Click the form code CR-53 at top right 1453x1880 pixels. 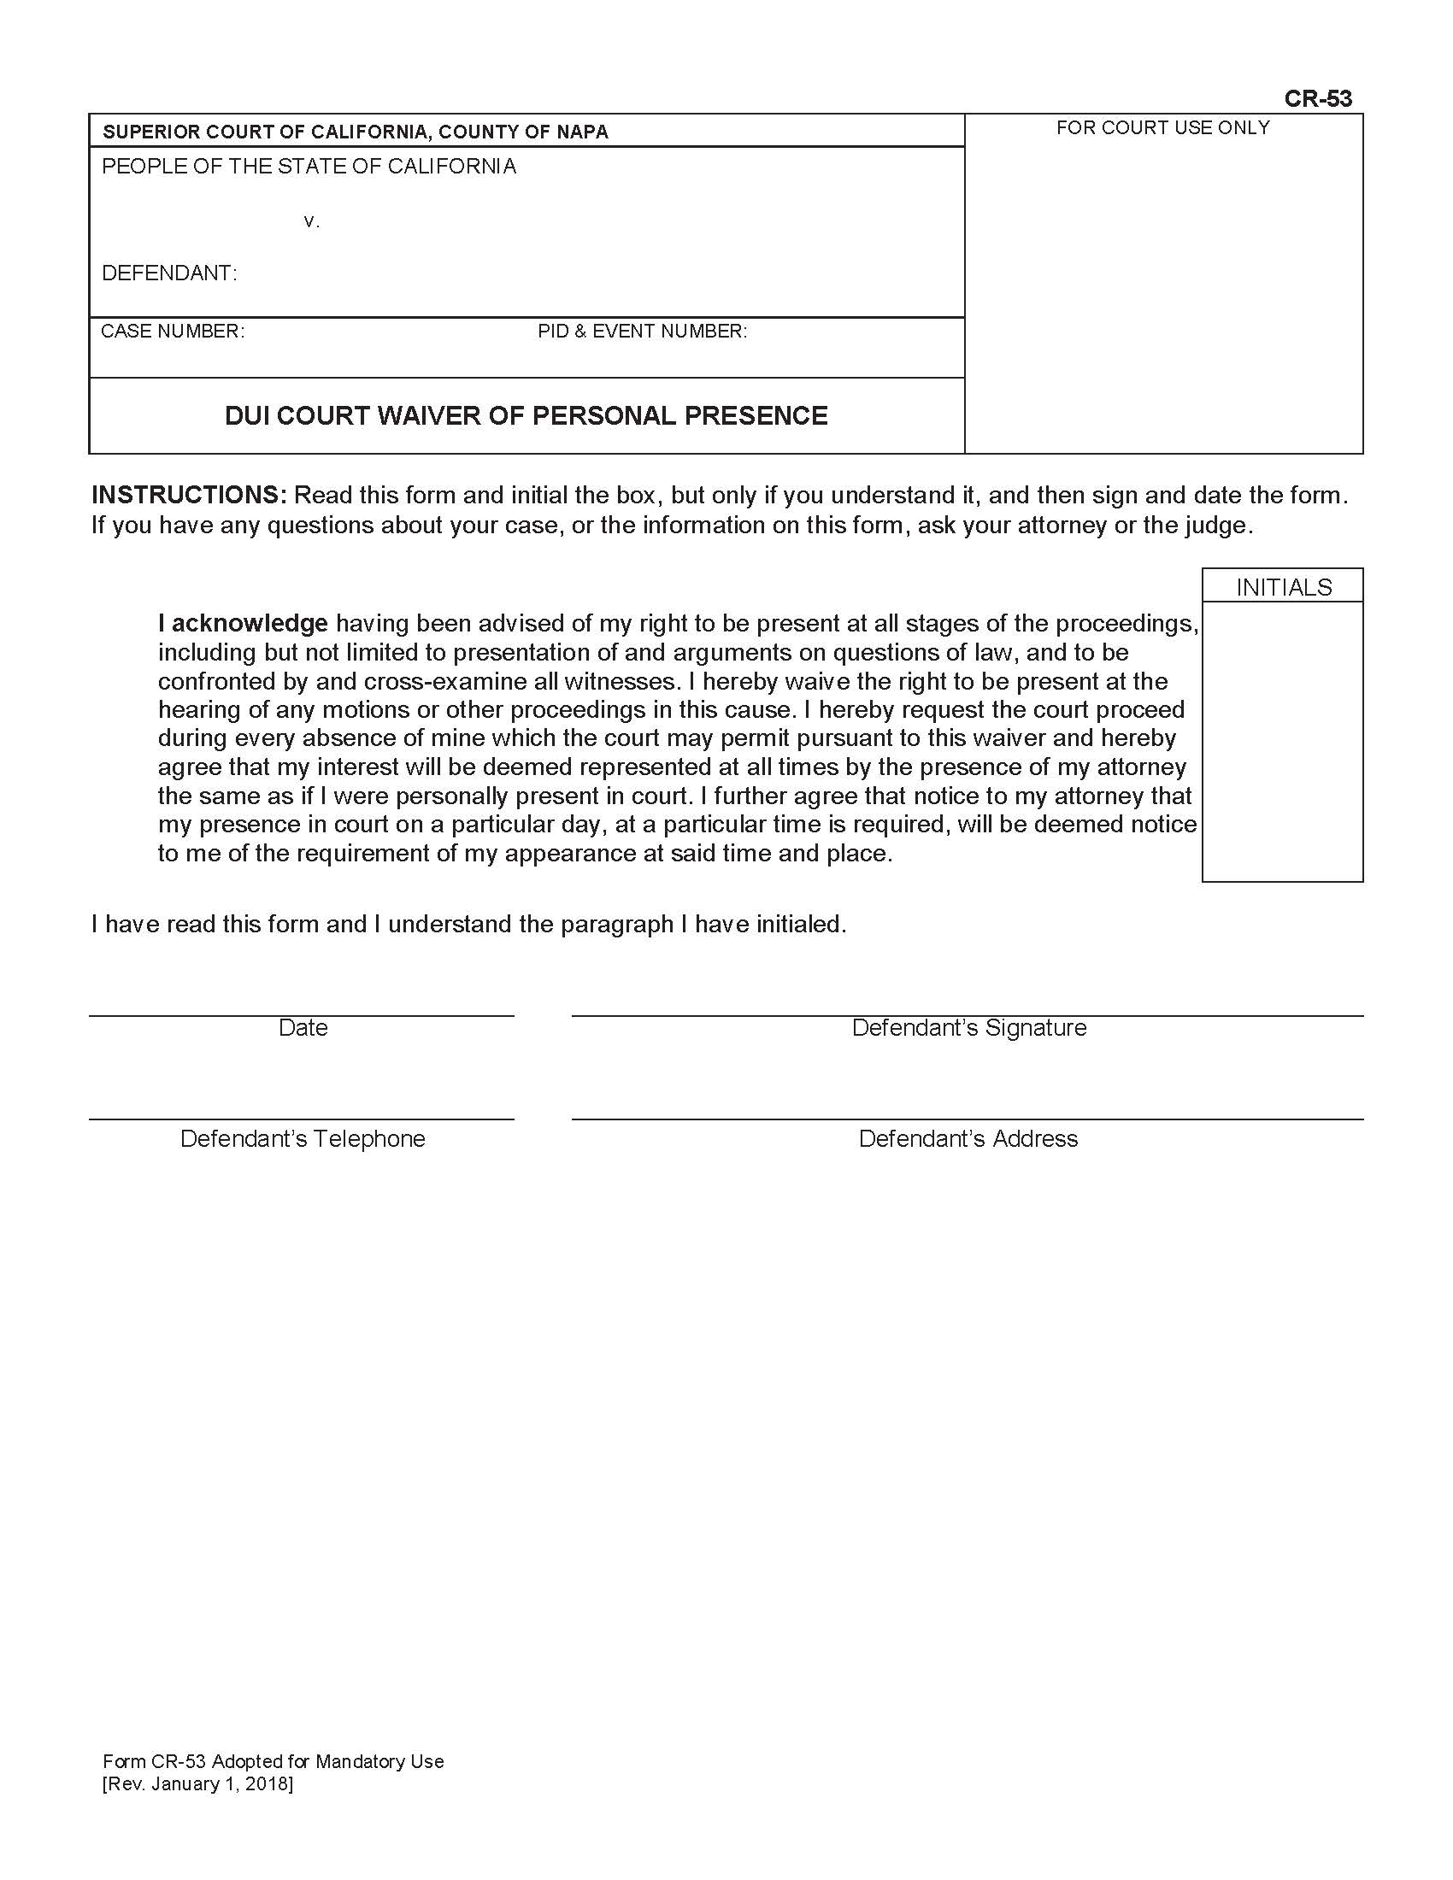[1317, 98]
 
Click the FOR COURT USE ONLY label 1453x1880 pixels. [1162, 127]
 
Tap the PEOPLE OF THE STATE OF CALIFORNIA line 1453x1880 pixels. [309, 166]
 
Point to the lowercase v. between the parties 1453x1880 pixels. [312, 221]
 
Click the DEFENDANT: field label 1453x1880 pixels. [169, 273]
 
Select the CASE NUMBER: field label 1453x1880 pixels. [172, 332]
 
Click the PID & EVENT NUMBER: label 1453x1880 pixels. [642, 332]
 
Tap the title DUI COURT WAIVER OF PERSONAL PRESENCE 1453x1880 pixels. [526, 416]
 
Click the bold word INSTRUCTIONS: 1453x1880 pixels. [189, 495]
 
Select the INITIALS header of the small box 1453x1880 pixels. [1284, 587]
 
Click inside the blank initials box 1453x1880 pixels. [1282, 740]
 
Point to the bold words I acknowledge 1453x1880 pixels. [243, 622]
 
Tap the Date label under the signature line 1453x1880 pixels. [303, 1027]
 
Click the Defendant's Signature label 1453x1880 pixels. [968, 1027]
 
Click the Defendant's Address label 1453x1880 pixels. [968, 1138]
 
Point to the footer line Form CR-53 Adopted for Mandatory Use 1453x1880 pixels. [273, 1760]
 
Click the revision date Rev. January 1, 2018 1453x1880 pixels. [198, 1783]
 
